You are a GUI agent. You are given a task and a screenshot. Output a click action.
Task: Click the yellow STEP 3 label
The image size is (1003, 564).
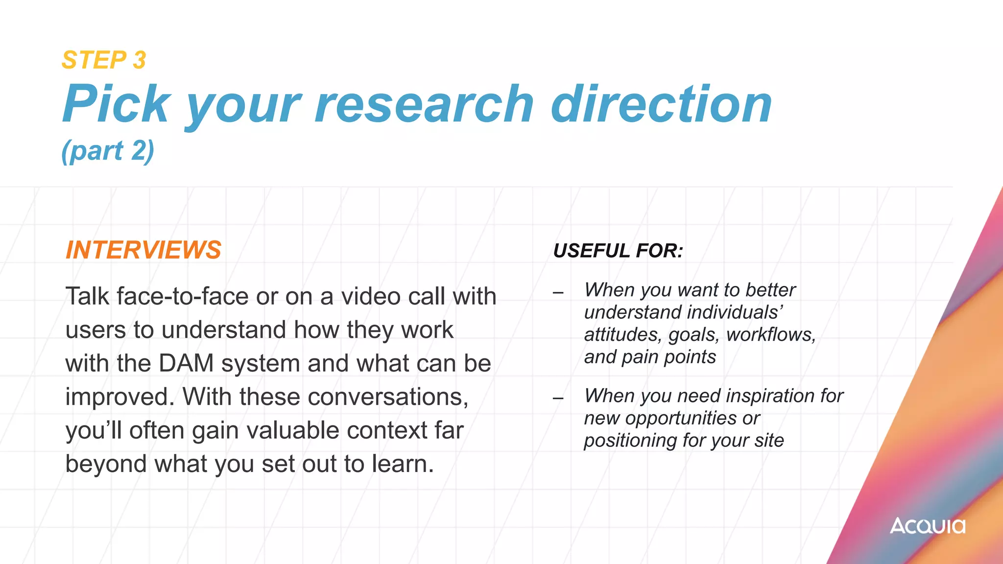[104, 60]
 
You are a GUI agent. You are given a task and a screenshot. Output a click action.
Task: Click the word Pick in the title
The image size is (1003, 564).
[117, 104]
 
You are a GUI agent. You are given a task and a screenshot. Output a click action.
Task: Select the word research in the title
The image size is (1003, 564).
[424, 104]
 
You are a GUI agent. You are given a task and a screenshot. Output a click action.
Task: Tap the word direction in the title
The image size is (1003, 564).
[661, 104]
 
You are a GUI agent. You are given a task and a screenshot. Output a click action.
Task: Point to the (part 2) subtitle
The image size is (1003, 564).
[108, 150]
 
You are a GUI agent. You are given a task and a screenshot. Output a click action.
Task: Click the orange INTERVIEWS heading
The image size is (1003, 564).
[143, 250]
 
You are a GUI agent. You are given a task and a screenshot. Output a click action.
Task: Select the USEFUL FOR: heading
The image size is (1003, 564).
[618, 251]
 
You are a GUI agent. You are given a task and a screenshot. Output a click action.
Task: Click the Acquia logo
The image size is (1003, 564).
[928, 526]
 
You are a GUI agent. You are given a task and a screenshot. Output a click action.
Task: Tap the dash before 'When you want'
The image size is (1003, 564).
[558, 293]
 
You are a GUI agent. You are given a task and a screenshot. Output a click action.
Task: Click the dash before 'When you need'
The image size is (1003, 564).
[558, 398]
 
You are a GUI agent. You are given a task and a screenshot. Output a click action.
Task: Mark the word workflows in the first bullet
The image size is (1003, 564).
[770, 335]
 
